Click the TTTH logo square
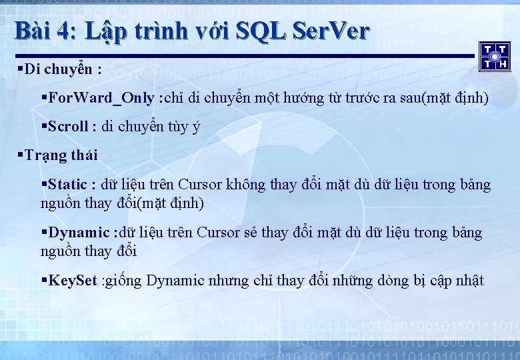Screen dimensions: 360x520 coord(495,56)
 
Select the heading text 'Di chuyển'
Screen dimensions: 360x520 coord(59,69)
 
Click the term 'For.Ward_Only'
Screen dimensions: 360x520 coord(101,99)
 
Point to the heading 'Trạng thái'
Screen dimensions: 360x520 coord(61,155)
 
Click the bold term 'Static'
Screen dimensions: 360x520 coord(72,184)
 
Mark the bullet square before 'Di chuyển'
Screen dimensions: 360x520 coord(21,69)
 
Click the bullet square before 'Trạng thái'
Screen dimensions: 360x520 coord(21,155)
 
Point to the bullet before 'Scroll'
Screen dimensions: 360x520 coord(44,126)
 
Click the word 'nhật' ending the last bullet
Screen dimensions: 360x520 coord(469,281)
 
